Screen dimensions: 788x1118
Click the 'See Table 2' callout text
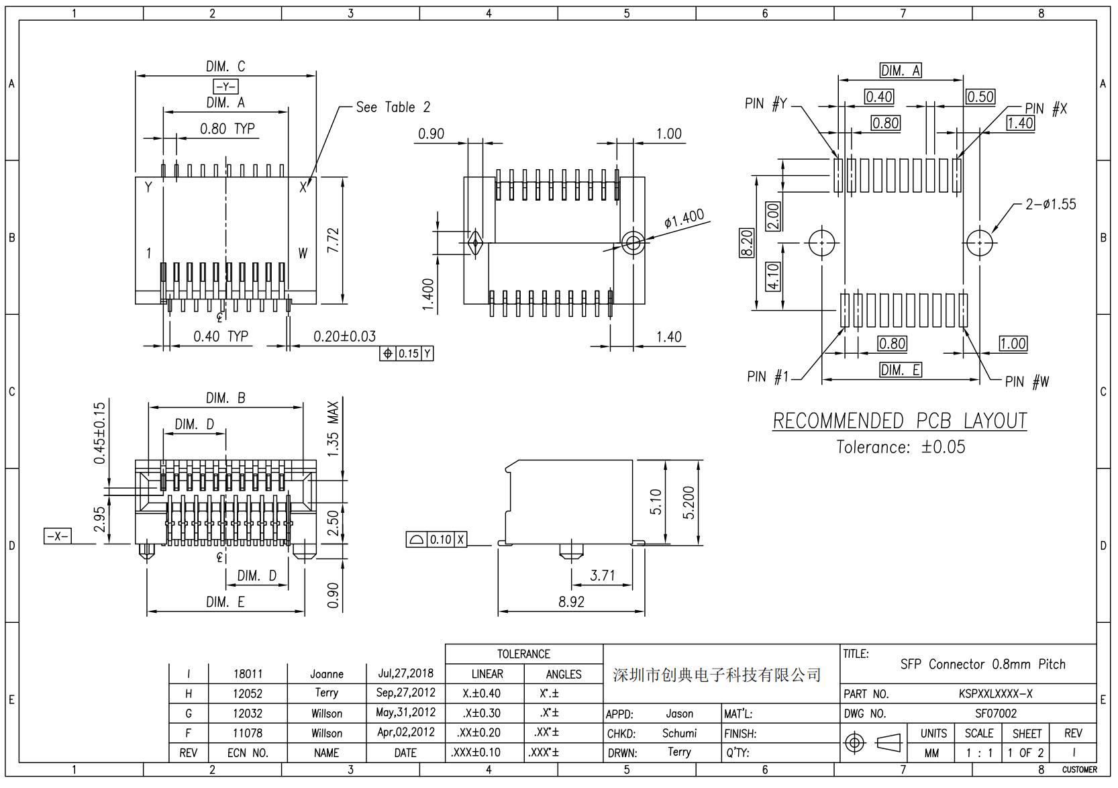(393, 107)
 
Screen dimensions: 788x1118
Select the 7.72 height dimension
(334, 240)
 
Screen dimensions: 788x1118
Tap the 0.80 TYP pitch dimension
(227, 129)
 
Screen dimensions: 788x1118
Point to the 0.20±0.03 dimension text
(344, 336)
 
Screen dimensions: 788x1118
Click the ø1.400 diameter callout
(684, 219)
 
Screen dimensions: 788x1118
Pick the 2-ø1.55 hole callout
(1050, 204)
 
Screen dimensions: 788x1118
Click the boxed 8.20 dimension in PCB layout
(746, 243)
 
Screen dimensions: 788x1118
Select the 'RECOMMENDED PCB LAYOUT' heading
(899, 421)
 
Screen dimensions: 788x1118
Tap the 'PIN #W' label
(1027, 382)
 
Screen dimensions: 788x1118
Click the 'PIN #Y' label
(765, 104)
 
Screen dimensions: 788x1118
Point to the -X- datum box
(57, 536)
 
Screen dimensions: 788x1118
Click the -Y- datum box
(225, 87)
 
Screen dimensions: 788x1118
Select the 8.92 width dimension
(571, 601)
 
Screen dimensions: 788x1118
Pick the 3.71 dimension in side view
(602, 575)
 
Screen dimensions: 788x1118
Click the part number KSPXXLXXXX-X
(995, 694)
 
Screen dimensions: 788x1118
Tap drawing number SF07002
(995, 713)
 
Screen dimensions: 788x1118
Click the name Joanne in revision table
(327, 674)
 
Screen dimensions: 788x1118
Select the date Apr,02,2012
(405, 733)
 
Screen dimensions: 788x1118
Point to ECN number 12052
(248, 693)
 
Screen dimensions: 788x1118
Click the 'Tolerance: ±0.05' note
(900, 447)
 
